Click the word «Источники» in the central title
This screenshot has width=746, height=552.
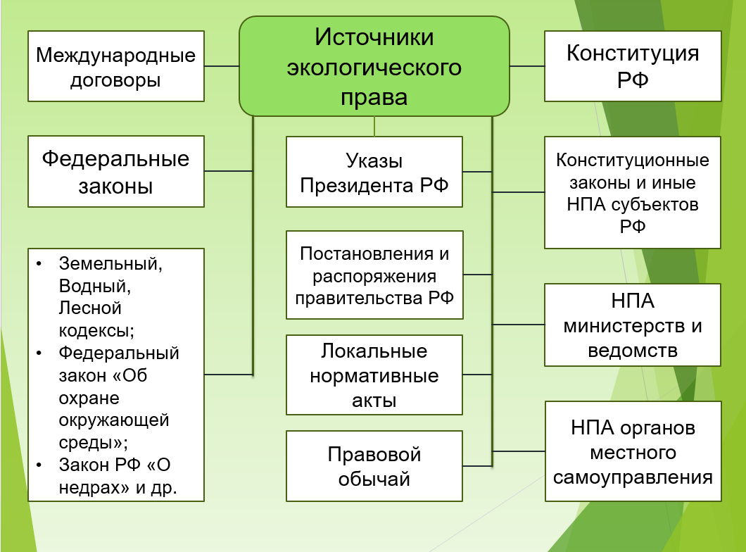pos(374,38)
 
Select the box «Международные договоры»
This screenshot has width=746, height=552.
pos(116,66)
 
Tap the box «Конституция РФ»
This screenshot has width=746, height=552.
pos(633,66)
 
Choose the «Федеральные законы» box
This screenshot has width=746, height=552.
pos(116,172)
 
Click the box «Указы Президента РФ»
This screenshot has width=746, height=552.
pos(374,172)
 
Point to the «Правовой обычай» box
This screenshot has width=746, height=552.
pos(374,466)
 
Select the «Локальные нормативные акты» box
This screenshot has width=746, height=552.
pos(374,375)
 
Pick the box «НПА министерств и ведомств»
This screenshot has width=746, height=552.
pos(633,325)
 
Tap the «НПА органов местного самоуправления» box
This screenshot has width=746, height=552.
pos(633,451)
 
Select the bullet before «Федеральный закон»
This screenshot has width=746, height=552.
pos(41,353)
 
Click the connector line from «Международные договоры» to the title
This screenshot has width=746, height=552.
pos(222,66)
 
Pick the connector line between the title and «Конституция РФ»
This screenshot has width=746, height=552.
pos(527,66)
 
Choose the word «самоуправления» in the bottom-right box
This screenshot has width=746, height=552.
pos(633,477)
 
